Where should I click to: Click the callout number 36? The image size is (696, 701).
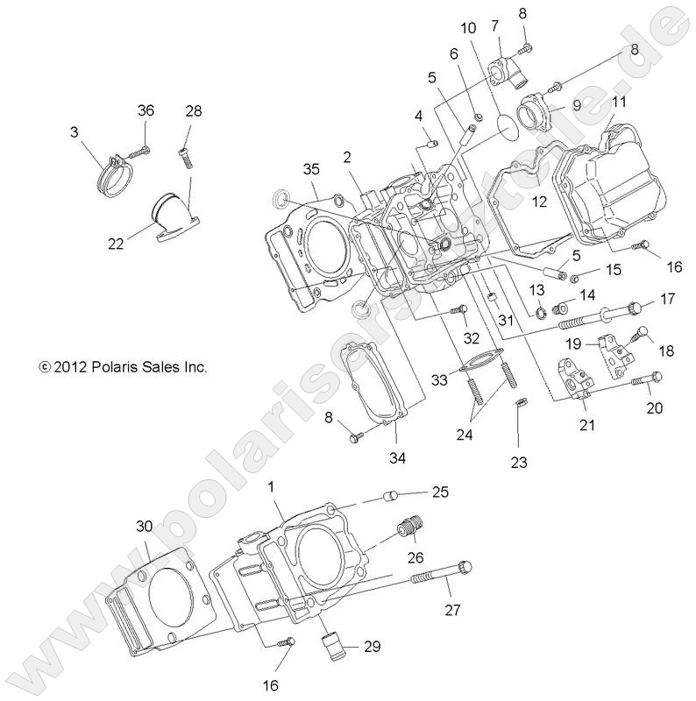tap(146, 110)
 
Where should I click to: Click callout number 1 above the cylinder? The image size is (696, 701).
tap(271, 485)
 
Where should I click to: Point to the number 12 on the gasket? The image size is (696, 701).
tap(539, 202)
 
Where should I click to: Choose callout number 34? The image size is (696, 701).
tap(398, 457)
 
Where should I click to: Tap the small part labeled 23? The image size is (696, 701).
tap(519, 405)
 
